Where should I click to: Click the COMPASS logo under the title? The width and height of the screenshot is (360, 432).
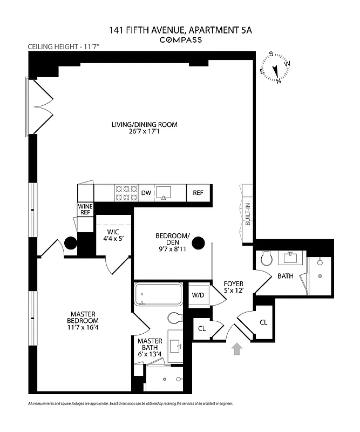[180, 39]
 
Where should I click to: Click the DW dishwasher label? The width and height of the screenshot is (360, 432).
[146, 192]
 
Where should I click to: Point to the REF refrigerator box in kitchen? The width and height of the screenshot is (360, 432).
[198, 192]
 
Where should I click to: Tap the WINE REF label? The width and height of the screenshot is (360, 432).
[85, 210]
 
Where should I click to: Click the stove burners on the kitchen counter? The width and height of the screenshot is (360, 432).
[125, 192]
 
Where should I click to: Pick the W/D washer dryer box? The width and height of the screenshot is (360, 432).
[198, 295]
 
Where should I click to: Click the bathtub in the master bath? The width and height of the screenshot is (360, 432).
[159, 295]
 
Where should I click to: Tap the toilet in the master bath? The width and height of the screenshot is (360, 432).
[176, 318]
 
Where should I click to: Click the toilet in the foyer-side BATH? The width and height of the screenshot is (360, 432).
[266, 260]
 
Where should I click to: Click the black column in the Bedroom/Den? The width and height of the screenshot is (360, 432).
[199, 243]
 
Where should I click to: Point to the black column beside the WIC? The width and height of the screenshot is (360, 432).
[71, 244]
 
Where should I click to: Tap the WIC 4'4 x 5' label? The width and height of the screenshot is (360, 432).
[113, 236]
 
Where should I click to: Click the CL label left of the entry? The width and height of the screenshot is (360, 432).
[201, 328]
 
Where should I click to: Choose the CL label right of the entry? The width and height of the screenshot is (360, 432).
[263, 322]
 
